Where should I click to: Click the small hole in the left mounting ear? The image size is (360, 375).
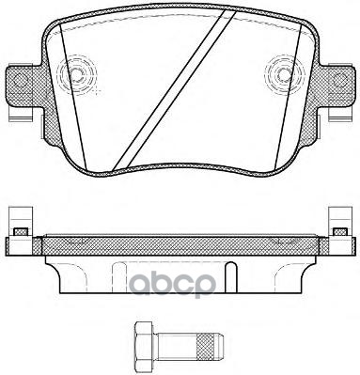pyautogui.click(x=20, y=80)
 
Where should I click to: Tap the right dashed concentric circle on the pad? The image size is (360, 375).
pyautogui.click(x=285, y=74)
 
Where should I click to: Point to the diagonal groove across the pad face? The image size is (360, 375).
pyautogui.click(x=174, y=90)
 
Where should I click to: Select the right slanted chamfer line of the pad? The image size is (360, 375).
pyautogui.click(x=288, y=98)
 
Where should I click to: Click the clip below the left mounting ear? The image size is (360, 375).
pyautogui.click(x=22, y=115)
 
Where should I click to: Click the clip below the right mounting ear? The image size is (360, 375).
pyautogui.click(x=339, y=115)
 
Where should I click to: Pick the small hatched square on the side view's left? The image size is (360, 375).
pyautogui.click(x=22, y=232)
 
